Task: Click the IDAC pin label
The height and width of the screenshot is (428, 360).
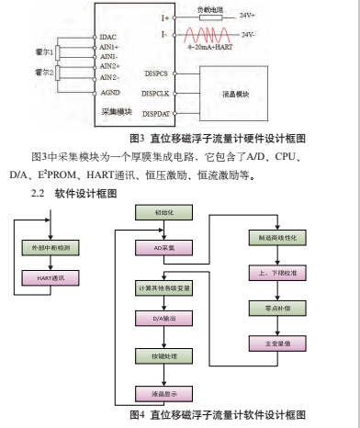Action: click(x=109, y=36)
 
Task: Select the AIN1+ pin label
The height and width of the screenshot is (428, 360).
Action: click(x=110, y=46)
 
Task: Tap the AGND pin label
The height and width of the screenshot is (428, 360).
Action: click(x=109, y=93)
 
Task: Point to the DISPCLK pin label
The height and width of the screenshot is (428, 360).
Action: click(x=155, y=93)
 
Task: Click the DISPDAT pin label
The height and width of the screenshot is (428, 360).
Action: click(x=156, y=112)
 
